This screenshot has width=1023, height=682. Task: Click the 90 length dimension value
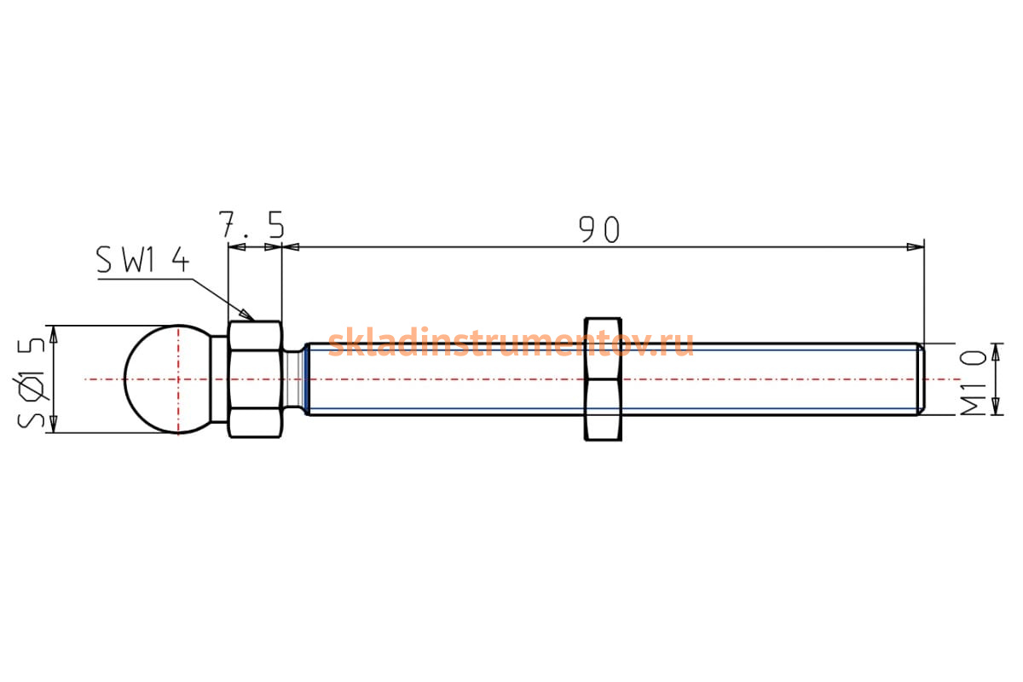click(x=599, y=228)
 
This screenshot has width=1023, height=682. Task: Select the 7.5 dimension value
click(x=251, y=224)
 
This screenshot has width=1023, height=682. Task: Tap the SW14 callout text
click(x=142, y=259)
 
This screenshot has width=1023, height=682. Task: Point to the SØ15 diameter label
click(x=32, y=383)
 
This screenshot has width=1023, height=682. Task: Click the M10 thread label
click(x=974, y=383)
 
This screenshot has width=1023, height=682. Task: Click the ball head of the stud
click(x=167, y=379)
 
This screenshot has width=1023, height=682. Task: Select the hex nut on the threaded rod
click(x=604, y=379)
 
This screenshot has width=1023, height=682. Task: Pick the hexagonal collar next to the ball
click(x=255, y=379)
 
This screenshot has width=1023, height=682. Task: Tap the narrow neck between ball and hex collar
click(x=219, y=379)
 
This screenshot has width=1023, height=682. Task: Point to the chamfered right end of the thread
click(x=922, y=379)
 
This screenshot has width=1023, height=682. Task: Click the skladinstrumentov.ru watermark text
click(x=511, y=342)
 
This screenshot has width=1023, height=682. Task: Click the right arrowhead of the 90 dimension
click(x=916, y=247)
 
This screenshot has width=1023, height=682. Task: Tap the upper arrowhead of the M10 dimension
click(x=996, y=352)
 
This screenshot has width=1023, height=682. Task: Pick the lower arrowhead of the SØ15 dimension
click(x=54, y=424)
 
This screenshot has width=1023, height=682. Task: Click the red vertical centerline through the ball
click(x=178, y=379)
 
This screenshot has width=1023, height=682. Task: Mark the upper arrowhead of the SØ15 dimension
click(x=54, y=334)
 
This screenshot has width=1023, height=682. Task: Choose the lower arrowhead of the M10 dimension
click(x=996, y=407)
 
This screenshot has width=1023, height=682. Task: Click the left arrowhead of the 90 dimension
click(x=291, y=247)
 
